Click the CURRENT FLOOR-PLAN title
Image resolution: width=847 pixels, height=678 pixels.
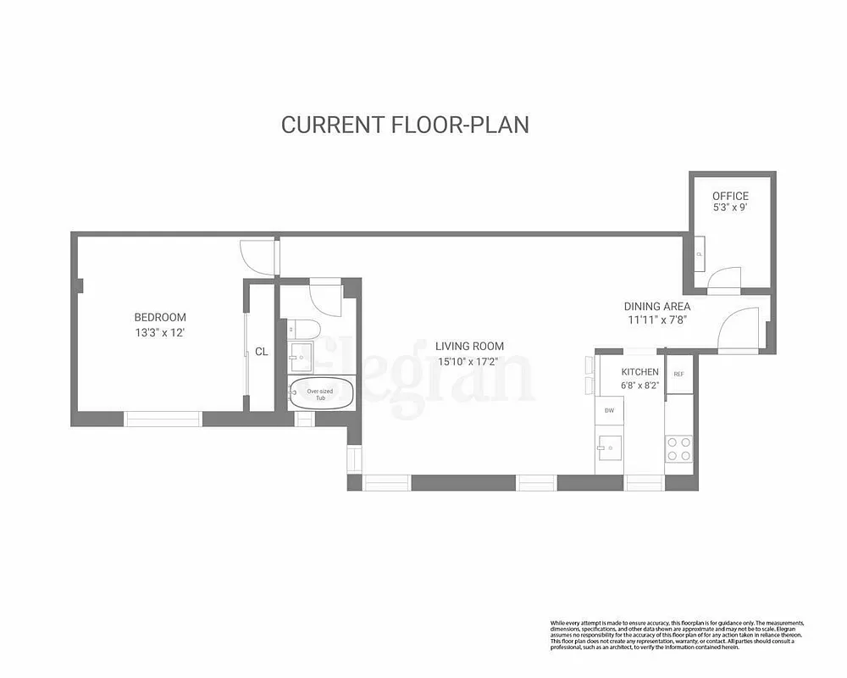pyautogui.click(x=405, y=125)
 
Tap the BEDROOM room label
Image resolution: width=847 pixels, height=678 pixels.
pyautogui.click(x=160, y=318)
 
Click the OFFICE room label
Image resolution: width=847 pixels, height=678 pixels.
pyautogui.click(x=730, y=196)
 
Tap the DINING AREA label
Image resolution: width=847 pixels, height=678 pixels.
pyautogui.click(x=657, y=306)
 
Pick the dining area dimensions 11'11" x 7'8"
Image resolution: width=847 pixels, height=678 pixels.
pyautogui.click(x=658, y=320)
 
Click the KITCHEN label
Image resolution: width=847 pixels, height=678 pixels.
pyautogui.click(x=639, y=372)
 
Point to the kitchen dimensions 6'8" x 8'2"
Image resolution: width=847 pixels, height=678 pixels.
pyautogui.click(x=640, y=386)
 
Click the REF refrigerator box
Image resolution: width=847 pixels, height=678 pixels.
pyautogui.click(x=678, y=374)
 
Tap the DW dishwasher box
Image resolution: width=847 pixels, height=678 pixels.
pyautogui.click(x=608, y=411)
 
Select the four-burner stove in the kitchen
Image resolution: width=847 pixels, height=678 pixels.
pyautogui.click(x=679, y=448)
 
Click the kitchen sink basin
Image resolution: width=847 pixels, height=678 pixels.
pyautogui.click(x=609, y=446)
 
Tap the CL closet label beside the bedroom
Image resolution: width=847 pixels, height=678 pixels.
pyautogui.click(x=262, y=351)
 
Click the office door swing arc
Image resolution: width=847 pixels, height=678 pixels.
pyautogui.click(x=722, y=277)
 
